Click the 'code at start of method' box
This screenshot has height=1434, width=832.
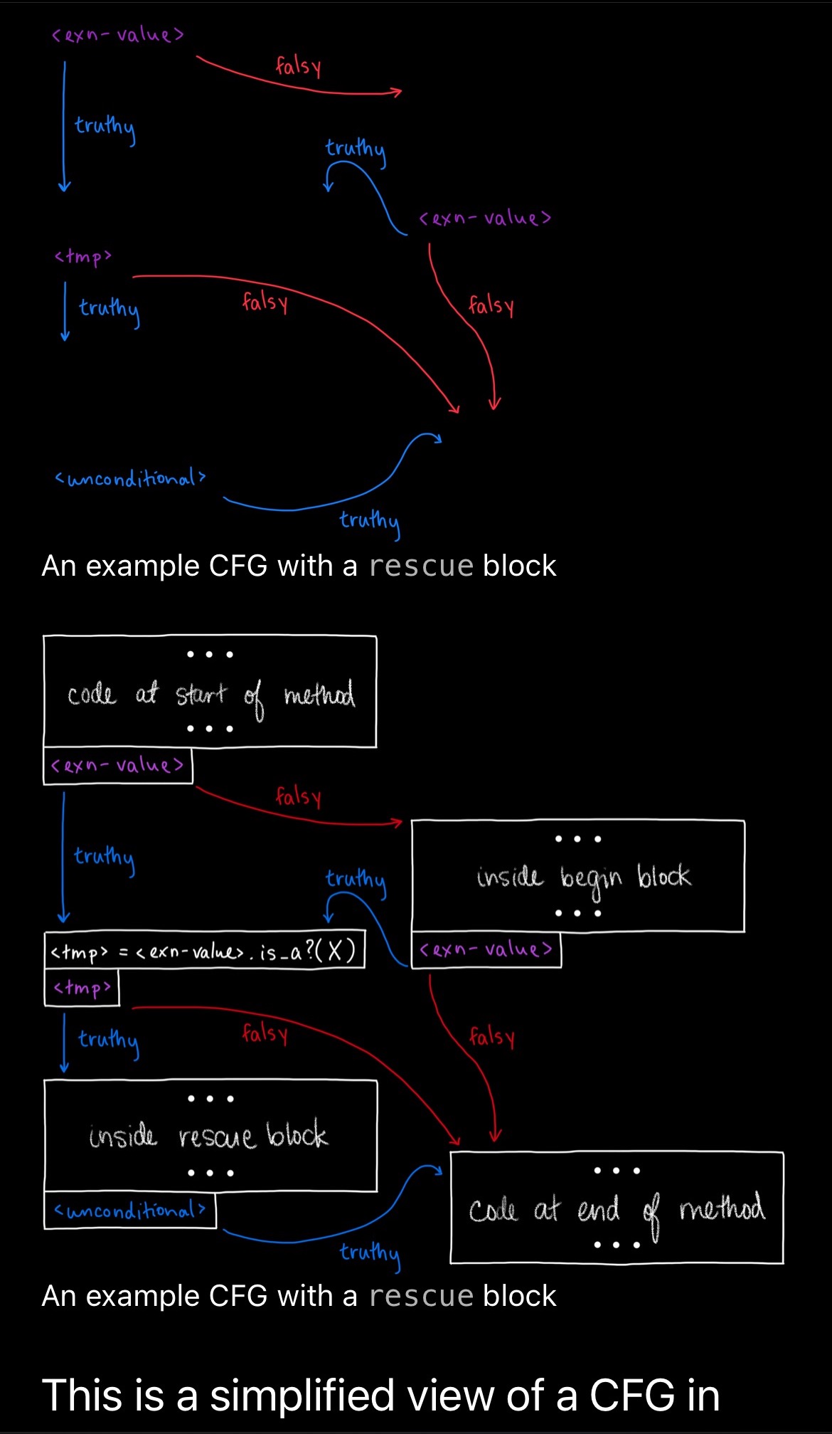[210, 691]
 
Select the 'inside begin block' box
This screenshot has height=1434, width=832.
[578, 875]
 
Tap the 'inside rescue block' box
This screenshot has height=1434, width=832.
[210, 1135]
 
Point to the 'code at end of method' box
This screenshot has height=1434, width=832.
[617, 1207]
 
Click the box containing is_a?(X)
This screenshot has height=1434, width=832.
[205, 950]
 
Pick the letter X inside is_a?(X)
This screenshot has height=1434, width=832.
[335, 950]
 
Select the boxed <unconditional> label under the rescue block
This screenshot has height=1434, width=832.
[130, 1210]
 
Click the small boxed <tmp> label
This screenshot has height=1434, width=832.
[82, 988]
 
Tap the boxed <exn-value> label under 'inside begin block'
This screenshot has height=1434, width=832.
[486, 949]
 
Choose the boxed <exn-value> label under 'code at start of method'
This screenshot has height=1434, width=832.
[118, 766]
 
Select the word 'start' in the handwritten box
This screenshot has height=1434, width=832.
[201, 693]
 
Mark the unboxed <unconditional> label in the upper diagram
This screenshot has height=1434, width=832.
[130, 478]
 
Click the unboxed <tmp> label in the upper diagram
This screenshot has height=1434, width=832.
[83, 256]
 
